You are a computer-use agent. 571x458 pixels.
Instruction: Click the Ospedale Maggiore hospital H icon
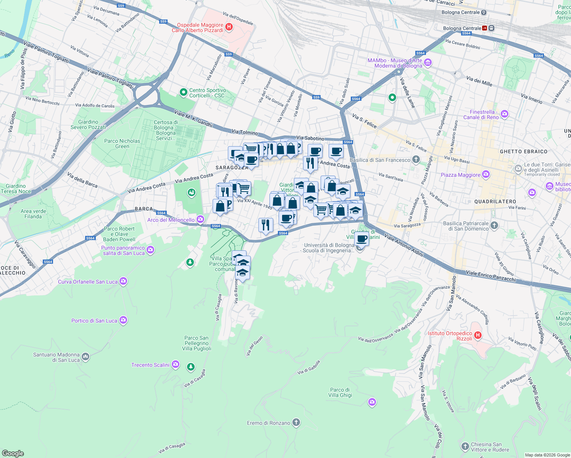click(229, 27)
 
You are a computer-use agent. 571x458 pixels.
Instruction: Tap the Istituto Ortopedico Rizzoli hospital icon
click(477, 335)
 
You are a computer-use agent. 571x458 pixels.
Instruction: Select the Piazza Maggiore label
click(460, 175)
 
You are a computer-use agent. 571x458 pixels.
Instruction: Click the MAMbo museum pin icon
click(428, 62)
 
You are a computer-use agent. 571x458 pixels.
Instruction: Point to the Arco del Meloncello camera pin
click(200, 219)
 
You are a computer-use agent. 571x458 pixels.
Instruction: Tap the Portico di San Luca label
click(94, 321)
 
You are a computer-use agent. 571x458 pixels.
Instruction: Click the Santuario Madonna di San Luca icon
click(85, 357)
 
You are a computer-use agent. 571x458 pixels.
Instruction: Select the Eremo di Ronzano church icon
click(296, 423)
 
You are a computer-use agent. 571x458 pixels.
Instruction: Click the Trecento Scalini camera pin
click(176, 364)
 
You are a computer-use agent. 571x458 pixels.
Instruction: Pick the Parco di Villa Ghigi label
click(340, 392)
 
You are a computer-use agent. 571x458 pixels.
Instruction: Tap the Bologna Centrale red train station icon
click(485, 28)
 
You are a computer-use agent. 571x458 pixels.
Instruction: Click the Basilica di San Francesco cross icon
click(416, 160)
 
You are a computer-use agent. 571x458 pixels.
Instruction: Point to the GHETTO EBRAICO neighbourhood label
click(524, 152)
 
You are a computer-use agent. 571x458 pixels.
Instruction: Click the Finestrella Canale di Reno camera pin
click(505, 114)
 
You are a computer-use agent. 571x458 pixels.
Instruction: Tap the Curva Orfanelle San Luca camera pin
click(123, 281)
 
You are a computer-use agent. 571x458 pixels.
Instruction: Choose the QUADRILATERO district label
click(495, 201)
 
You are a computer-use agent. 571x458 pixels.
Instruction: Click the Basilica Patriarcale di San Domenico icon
click(494, 225)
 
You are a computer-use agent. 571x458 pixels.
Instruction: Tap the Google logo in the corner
click(13, 453)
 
